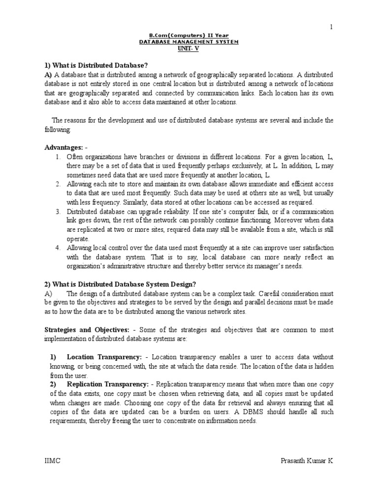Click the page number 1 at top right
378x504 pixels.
(331, 28)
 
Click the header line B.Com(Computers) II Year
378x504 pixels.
(189, 36)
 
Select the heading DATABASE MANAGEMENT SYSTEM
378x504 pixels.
(189, 42)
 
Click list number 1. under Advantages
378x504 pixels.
(58, 157)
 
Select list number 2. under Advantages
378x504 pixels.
(58, 184)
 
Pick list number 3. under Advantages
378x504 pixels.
(58, 212)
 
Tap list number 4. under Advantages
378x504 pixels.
(58, 247)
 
